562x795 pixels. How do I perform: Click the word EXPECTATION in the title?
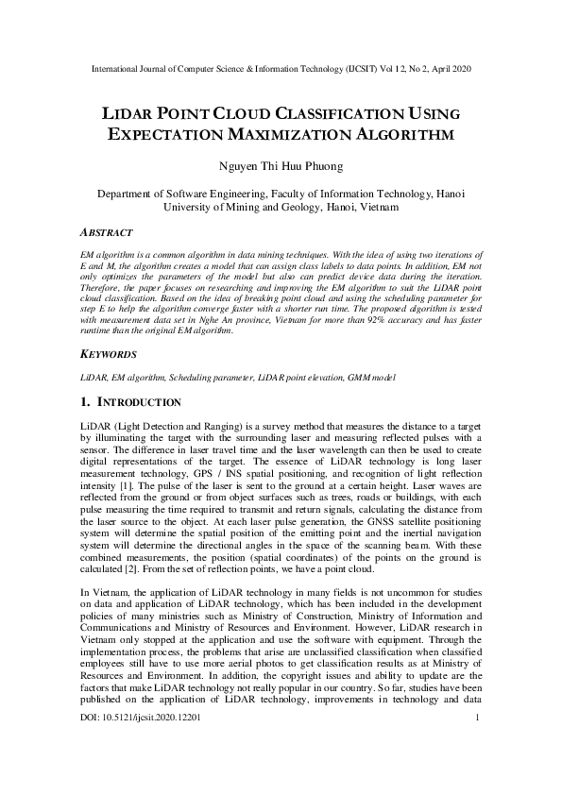tap(169, 134)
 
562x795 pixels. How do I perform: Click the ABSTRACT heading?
tap(107, 232)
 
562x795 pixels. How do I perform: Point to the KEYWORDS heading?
tap(110, 354)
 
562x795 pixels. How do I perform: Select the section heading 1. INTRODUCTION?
tap(141, 401)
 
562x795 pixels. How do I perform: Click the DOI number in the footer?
tap(141, 744)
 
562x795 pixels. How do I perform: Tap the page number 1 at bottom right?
tap(478, 744)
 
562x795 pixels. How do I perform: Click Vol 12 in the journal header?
tap(373, 70)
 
